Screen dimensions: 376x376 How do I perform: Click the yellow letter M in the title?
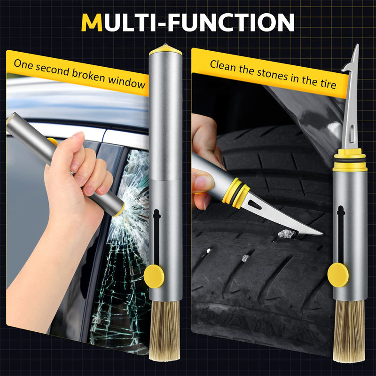tap(92, 22)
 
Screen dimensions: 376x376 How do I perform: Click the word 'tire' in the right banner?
tap(328, 84)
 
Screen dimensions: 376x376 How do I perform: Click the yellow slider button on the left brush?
tap(154, 276)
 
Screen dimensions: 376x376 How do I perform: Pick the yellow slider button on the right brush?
tap(338, 275)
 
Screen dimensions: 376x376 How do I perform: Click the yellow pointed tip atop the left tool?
tap(162, 47)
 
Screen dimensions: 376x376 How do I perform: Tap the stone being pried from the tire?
tap(286, 233)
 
